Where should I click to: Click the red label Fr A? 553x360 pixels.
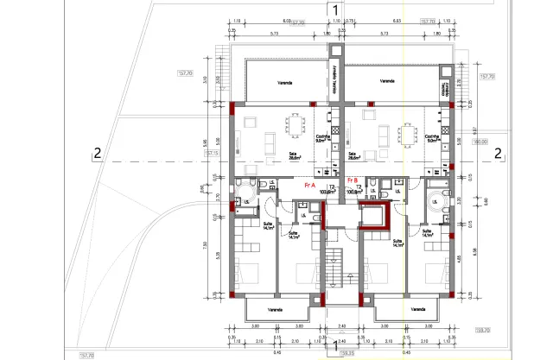click(x=309, y=185)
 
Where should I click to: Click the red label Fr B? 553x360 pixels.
click(x=351, y=180)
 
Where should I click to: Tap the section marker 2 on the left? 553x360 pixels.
click(x=98, y=154)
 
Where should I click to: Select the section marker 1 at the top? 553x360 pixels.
click(x=334, y=9)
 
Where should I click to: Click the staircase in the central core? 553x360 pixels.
click(x=334, y=262)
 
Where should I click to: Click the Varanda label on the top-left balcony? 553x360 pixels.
click(x=284, y=83)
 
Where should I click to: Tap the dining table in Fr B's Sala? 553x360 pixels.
click(x=405, y=134)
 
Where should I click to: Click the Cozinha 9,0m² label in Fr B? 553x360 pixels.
click(x=432, y=138)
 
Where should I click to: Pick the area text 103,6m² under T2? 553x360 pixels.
click(x=327, y=192)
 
